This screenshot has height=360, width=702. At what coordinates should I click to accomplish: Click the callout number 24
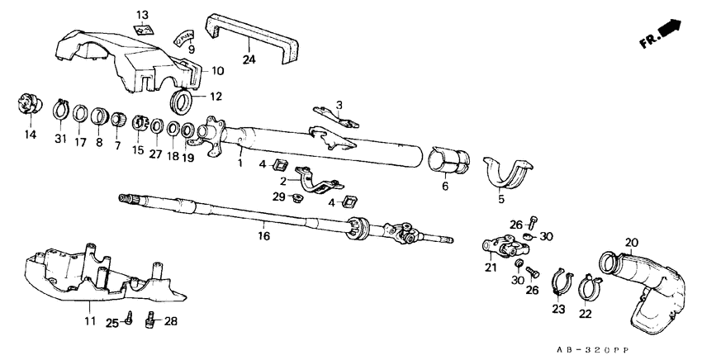[249, 59]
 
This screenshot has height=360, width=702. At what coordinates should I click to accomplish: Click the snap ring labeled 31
[59, 110]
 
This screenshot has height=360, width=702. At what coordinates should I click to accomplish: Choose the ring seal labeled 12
[179, 104]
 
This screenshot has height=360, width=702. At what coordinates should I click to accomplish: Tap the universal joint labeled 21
[496, 246]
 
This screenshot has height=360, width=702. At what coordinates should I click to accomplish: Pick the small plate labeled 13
[142, 31]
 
